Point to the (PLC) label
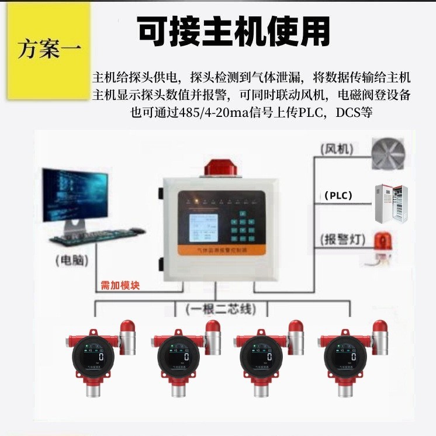tap(338, 196)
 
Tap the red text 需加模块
tap(120, 286)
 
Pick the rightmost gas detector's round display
tap(344, 356)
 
